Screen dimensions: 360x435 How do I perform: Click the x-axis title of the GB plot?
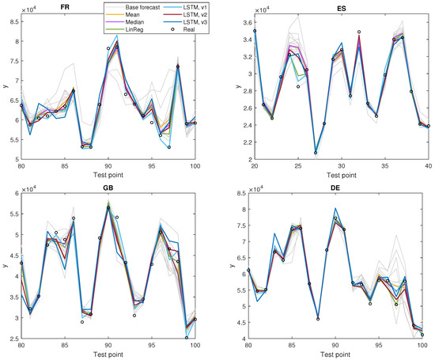pos(118,354)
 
